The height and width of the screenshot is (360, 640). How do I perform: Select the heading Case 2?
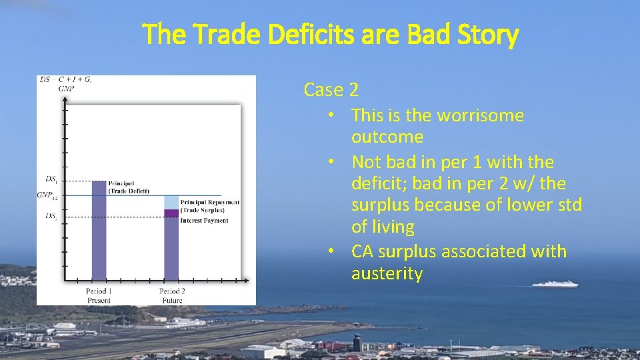331,89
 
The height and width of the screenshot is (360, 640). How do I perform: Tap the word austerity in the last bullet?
387,273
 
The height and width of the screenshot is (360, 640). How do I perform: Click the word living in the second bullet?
393,227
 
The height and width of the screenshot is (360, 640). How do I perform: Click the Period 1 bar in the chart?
99,233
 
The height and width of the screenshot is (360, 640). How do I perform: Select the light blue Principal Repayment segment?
171,202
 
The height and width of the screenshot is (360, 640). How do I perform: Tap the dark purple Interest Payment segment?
171,213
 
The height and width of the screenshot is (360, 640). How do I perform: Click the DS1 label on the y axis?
51,179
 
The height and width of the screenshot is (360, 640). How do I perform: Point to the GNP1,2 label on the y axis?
49,195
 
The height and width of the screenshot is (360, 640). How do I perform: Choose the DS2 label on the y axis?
51,217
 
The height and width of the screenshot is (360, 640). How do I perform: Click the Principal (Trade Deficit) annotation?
128,187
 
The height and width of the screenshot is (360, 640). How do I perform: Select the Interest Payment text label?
204,221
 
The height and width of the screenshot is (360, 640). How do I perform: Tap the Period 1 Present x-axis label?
99,295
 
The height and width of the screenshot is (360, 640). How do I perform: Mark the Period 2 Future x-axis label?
172,295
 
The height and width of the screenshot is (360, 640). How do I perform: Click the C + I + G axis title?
75,79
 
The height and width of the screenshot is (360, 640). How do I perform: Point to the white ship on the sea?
555,284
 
